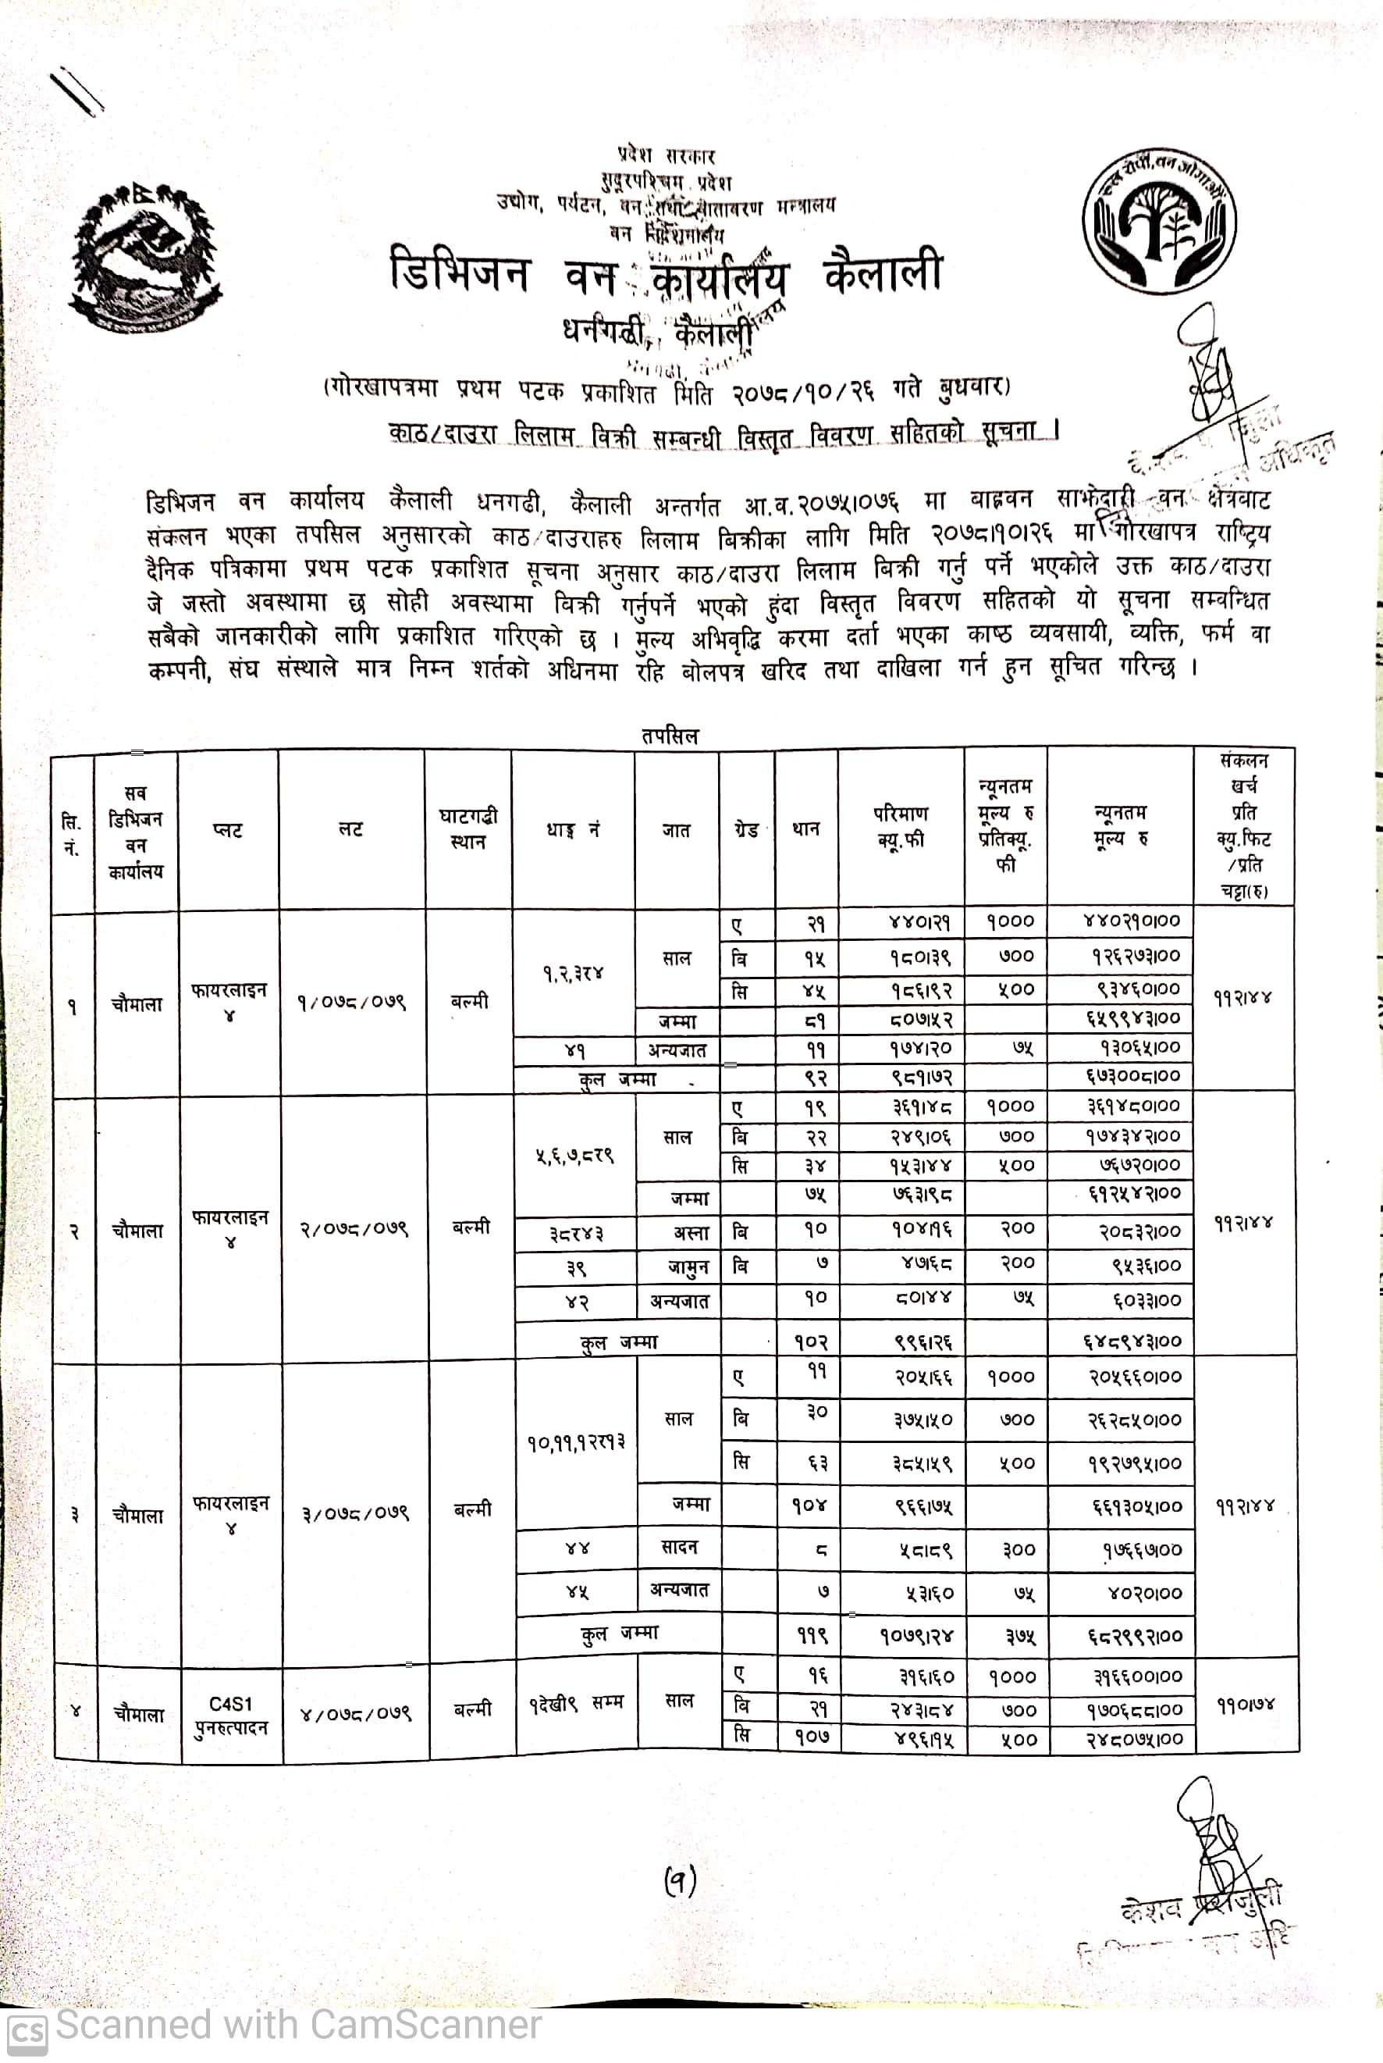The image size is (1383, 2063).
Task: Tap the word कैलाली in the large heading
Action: tap(882, 274)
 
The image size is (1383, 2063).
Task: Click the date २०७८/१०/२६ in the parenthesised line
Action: tap(802, 392)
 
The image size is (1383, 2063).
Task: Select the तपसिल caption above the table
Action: tap(670, 735)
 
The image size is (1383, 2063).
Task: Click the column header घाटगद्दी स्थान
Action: tap(468, 828)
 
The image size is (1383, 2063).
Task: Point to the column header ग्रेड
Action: tap(746, 829)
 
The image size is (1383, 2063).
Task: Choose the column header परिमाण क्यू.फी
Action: tap(901, 826)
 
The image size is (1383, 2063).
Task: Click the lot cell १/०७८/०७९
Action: tap(351, 1003)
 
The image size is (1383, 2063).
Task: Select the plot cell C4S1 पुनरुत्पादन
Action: tap(231, 1714)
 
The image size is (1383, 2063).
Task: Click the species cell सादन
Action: tap(679, 1547)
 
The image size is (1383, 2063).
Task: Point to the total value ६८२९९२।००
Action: tap(1134, 1635)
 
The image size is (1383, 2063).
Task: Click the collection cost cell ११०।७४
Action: tap(1246, 1705)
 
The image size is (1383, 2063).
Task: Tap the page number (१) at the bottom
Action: tap(680, 1882)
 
